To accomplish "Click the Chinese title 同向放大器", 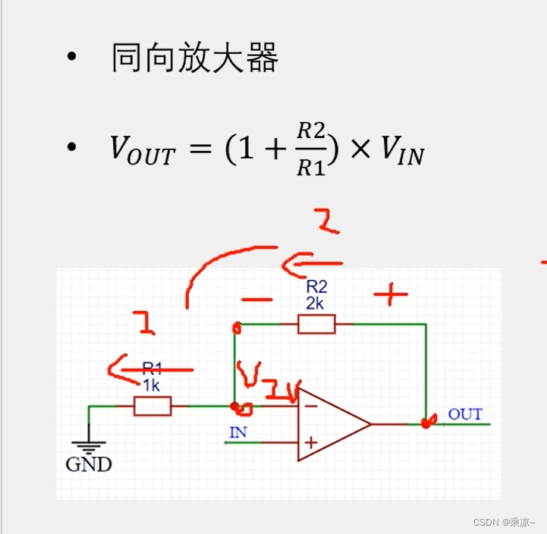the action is (194, 58).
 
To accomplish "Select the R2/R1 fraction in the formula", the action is (310, 149).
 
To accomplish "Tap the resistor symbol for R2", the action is (316, 325).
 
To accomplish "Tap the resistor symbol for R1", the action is (152, 407).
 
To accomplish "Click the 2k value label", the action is (316, 303).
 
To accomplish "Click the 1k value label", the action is (152, 386).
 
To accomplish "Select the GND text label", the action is (89, 464).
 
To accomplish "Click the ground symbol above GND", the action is (89, 447).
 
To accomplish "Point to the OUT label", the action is (465, 414).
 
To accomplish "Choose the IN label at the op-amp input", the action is (238, 433).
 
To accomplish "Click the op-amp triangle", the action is (330, 424).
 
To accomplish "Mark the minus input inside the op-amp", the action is (310, 406).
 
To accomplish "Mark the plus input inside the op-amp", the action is (310, 442).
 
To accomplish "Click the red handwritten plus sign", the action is (391, 295).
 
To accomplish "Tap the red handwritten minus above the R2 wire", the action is (259, 299).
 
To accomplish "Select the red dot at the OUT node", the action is (426, 421).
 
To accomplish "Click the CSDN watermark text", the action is (504, 522).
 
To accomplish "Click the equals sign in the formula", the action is (200, 151).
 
